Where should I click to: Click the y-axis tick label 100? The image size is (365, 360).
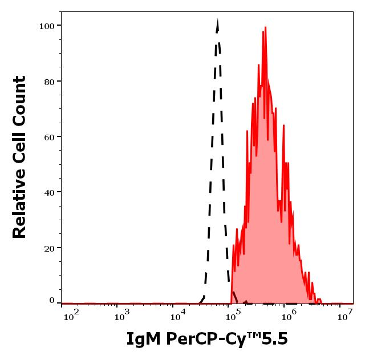(x=46, y=26)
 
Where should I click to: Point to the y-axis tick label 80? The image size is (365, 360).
(x=49, y=82)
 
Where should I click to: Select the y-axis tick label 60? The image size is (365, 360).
(x=49, y=137)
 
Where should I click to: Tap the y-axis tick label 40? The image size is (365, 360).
(x=49, y=192)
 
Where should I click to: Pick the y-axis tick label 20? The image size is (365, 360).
(x=49, y=248)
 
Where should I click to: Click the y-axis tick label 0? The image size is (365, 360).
(x=52, y=301)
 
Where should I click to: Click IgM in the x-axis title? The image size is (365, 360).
(x=144, y=339)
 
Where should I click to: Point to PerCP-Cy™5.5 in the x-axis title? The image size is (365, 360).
(x=228, y=339)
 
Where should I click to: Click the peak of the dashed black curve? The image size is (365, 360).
(x=217, y=21)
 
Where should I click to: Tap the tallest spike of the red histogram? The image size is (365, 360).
(x=265, y=27)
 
